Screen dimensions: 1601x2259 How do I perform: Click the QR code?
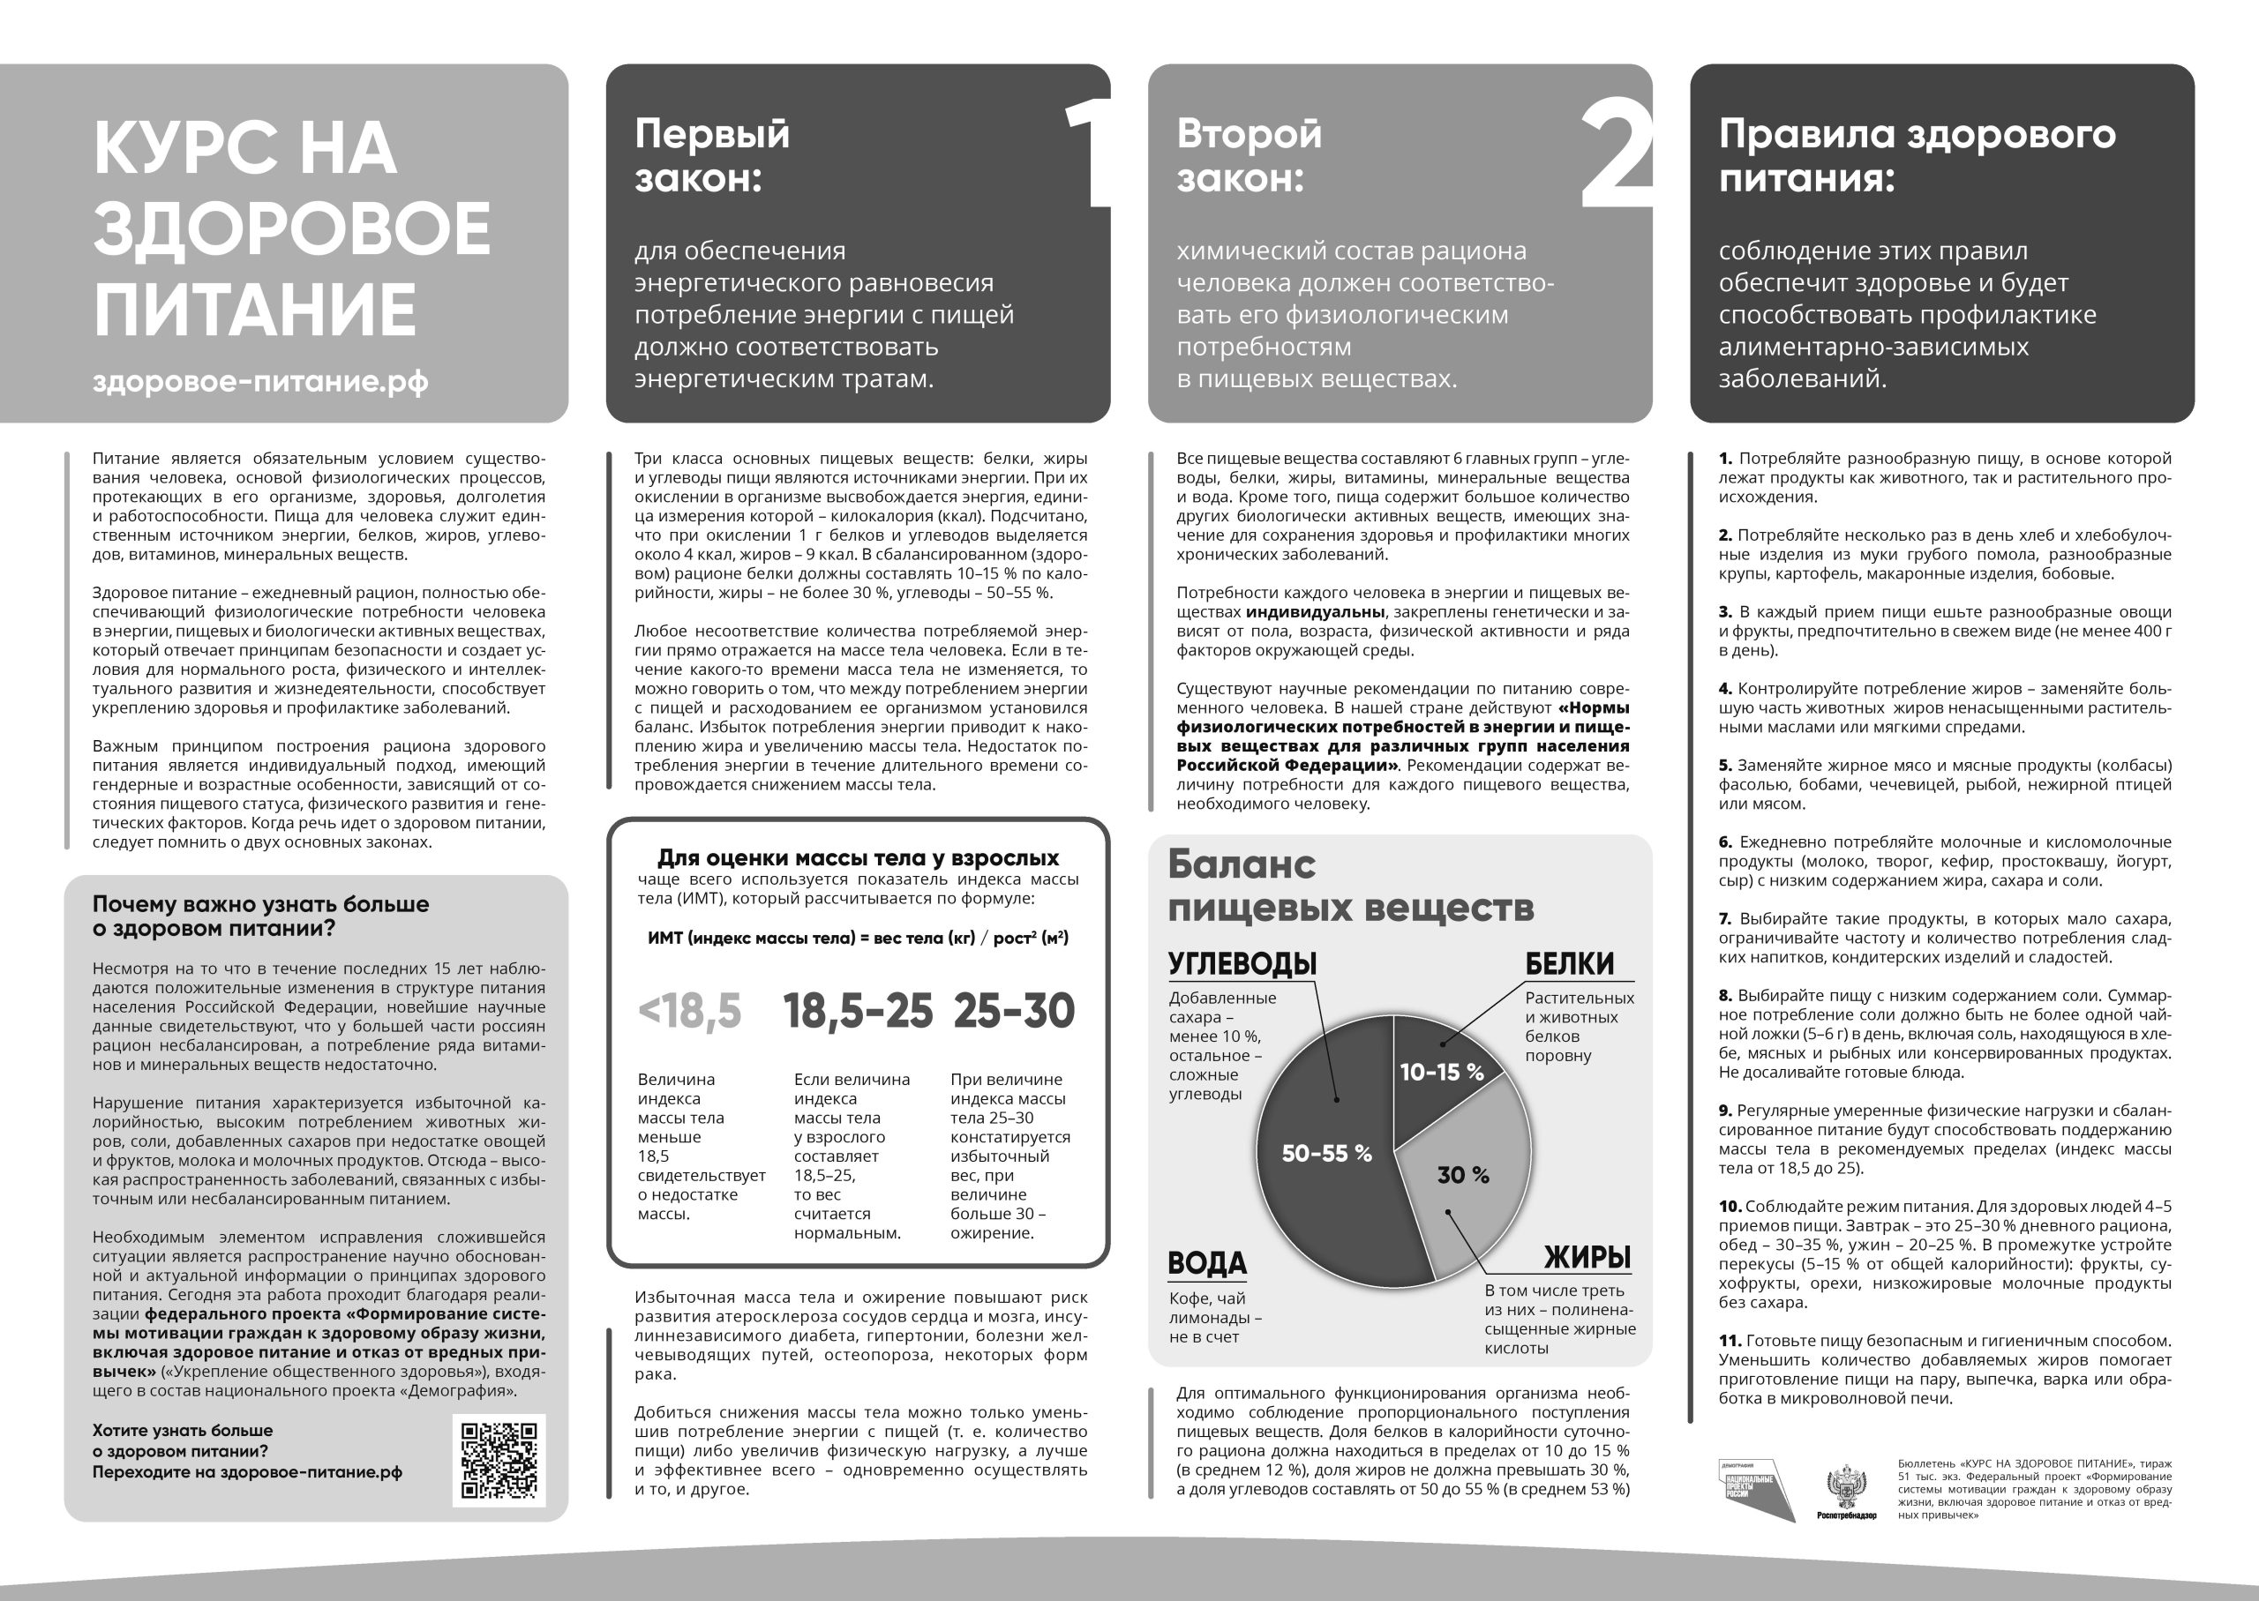click(x=499, y=1460)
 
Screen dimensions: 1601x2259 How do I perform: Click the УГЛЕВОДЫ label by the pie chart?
click(x=1242, y=963)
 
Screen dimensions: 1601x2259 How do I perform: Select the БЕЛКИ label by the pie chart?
click(x=1570, y=963)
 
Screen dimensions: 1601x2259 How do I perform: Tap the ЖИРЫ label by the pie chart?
click(x=1587, y=1257)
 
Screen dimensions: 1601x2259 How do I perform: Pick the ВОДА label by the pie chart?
click(x=1207, y=1263)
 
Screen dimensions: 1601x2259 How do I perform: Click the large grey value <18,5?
click(x=689, y=1012)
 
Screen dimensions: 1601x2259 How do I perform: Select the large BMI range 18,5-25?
click(x=858, y=1012)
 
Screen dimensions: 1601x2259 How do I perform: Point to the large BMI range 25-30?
click(x=1014, y=1012)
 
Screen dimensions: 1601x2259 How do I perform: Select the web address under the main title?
click(x=260, y=382)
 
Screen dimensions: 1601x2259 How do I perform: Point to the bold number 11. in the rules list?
click(x=1730, y=1341)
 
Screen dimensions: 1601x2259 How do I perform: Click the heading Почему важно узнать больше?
click(x=260, y=916)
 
